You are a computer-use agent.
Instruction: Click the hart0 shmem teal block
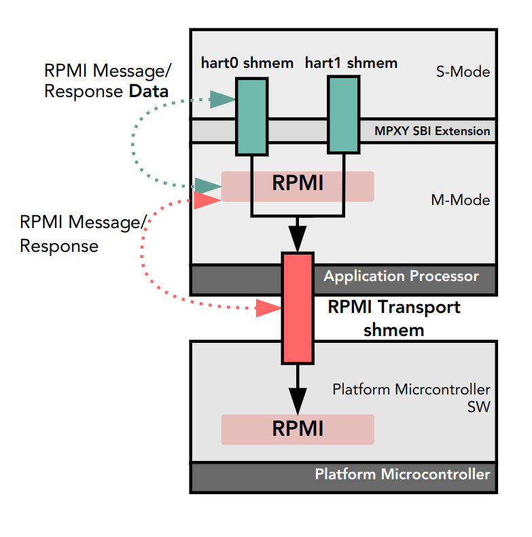[x=251, y=116]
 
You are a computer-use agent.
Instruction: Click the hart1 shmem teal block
[x=343, y=115]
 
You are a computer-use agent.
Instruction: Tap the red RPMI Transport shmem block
[x=298, y=307]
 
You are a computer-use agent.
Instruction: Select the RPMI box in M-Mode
[x=298, y=185]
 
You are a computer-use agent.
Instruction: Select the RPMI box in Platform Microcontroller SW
[x=298, y=429]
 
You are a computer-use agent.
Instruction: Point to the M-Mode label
[x=460, y=200]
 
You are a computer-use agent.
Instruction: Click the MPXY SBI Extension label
[x=432, y=130]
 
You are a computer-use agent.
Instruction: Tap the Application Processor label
[x=401, y=276]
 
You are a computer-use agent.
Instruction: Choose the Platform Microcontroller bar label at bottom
[x=402, y=474]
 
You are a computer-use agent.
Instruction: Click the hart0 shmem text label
[x=247, y=63]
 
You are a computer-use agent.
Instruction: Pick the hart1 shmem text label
[x=351, y=63]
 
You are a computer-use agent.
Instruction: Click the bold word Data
[x=149, y=91]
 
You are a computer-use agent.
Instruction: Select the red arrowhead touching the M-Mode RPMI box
[x=208, y=199]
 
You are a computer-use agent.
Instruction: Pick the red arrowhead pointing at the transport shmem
[x=269, y=309]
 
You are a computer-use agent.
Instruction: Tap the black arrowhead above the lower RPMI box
[x=298, y=396]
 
